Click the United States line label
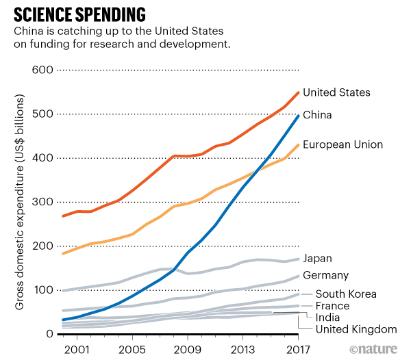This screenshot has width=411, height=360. point(336,92)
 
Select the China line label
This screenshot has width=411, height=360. point(317,115)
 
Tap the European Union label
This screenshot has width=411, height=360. point(342,145)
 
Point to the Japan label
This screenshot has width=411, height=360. point(317,259)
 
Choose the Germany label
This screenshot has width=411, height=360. point(326,276)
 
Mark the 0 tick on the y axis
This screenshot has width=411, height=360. point(49,334)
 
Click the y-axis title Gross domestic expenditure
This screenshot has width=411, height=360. point(21,203)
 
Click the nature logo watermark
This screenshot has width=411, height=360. point(375,349)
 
